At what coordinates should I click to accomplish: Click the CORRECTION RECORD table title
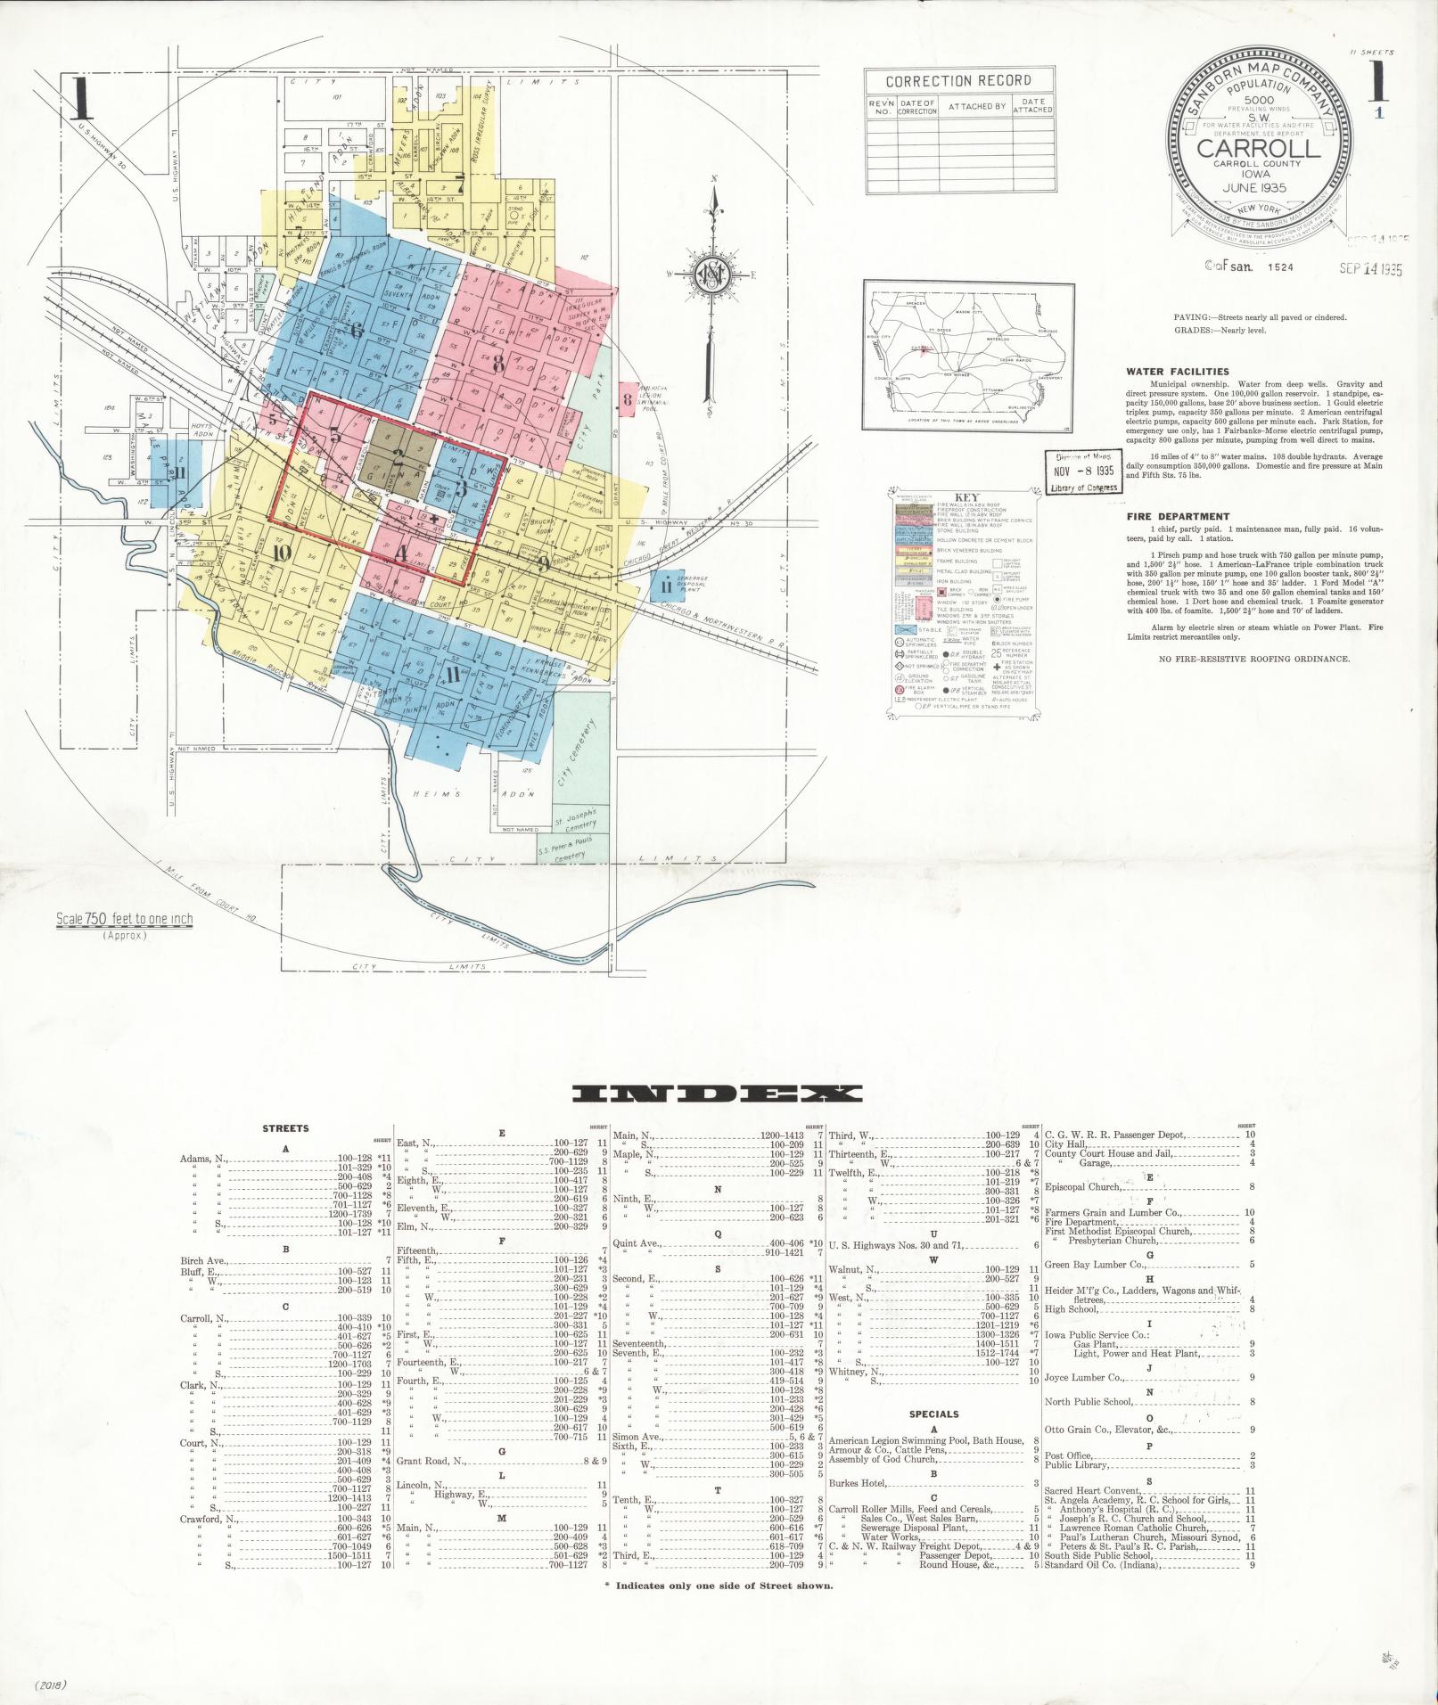(x=957, y=81)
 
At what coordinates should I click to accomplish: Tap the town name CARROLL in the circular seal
(x=1257, y=148)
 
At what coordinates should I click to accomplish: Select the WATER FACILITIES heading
(x=1177, y=372)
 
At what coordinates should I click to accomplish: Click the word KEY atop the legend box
(x=966, y=498)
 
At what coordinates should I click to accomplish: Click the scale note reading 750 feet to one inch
(x=124, y=920)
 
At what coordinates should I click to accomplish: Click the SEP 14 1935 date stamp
(x=1371, y=268)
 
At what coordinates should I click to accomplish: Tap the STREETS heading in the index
(x=285, y=1127)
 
